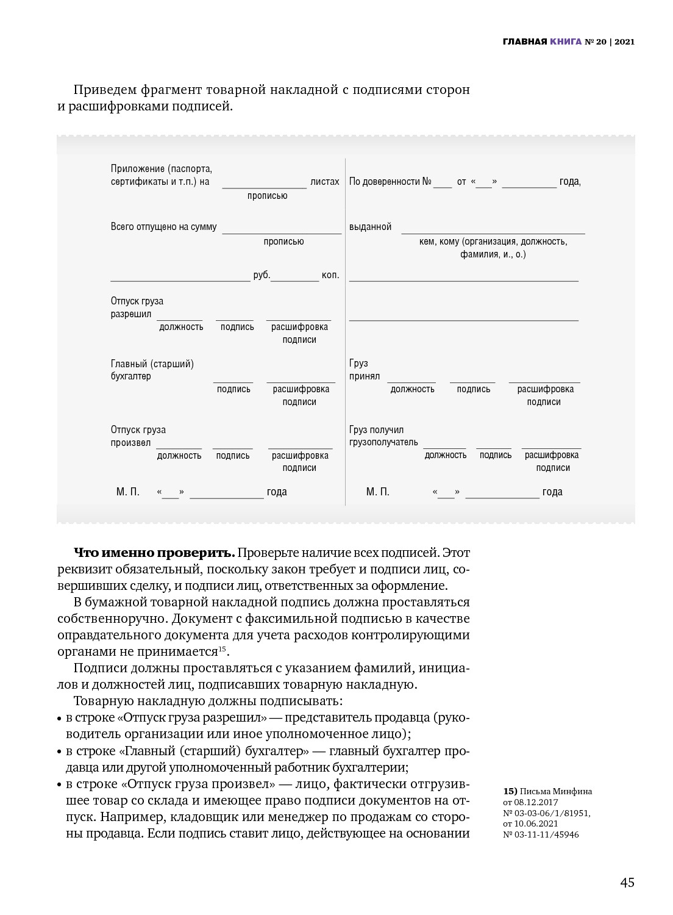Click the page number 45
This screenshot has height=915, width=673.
pos(627,883)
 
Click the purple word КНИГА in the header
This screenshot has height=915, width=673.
pos(566,41)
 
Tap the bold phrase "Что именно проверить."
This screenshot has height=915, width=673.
pos(154,553)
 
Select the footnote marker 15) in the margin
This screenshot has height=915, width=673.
pos(510,791)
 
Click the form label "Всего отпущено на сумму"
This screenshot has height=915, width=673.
pos(163,226)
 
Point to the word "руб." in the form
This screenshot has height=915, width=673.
pos(262,275)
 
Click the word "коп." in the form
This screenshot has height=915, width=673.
pos(330,275)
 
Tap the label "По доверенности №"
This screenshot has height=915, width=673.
pos(390,181)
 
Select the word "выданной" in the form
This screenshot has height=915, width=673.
pos(370,226)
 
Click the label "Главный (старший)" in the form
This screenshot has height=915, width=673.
pos(152,364)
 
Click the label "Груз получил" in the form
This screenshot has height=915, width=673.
pos(376,429)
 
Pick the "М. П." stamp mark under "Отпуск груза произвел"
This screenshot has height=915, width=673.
pos(128,492)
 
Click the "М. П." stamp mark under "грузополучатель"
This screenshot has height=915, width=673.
pos(378,492)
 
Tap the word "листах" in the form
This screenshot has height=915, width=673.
pos(325,181)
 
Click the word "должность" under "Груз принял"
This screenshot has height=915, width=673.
pos(413,389)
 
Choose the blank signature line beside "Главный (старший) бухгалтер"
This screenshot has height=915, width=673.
pos(233,382)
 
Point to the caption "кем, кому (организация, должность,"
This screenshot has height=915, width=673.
pos(493,242)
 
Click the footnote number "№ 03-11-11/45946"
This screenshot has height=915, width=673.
pos(541,834)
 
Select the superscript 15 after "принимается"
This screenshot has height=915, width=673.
pos(223,648)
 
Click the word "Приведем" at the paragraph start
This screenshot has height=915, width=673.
pos(104,90)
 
